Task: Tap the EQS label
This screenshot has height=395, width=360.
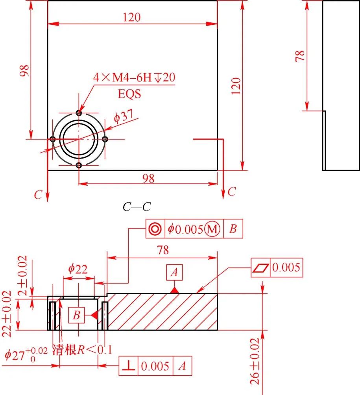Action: pos(129,94)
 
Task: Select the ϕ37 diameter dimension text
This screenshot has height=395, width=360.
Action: pos(124,116)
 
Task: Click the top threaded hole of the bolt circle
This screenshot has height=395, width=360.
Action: pos(79,113)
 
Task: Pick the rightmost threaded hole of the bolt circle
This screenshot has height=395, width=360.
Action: pos(105,139)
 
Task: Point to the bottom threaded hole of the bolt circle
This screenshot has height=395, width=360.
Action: pos(79,166)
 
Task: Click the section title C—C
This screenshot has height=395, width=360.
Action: pos(137,207)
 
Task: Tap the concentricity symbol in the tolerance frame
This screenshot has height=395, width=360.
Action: pos(155,229)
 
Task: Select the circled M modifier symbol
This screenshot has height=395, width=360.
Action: pos(212,229)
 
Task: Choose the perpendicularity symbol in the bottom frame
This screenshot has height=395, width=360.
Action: pos(129,366)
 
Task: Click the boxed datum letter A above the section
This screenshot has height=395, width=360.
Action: pos(174,272)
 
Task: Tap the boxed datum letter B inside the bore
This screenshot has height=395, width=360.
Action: pos(77,315)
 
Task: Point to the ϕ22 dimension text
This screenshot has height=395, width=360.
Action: pos(78,269)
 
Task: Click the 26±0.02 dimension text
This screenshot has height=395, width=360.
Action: pos(255,361)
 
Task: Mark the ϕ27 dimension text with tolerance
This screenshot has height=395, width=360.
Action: pos(26,354)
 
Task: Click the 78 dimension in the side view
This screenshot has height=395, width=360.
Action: pos(300,56)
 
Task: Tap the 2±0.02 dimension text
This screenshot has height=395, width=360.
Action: pos(22,275)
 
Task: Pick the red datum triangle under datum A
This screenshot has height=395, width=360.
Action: pos(174,291)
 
